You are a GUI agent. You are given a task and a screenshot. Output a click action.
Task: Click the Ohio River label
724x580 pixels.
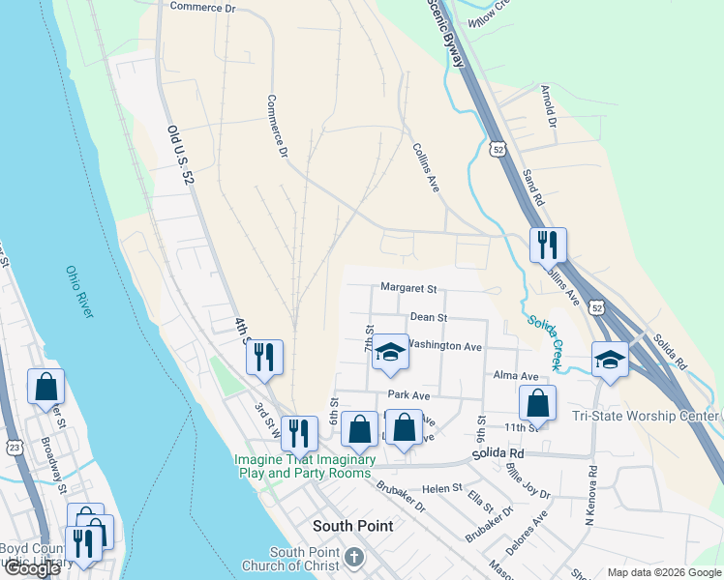point(80,292)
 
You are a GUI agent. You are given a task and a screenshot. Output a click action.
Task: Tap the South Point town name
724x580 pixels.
point(353,526)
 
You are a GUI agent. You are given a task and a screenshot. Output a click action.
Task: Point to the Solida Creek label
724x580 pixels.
point(544,341)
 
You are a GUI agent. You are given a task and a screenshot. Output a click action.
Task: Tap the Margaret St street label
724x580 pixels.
point(408,288)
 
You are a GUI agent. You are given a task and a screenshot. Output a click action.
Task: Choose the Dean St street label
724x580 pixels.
point(428,316)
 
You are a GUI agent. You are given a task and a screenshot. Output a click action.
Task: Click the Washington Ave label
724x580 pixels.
point(444,345)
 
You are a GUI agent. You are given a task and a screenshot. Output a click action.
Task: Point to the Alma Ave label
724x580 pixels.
point(515,376)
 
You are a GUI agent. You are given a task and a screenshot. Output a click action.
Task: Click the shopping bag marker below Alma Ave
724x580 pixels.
point(537,402)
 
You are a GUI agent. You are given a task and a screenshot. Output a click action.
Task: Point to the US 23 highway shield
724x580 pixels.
point(13,448)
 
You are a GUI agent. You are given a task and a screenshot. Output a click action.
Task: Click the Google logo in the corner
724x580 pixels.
point(32,568)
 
